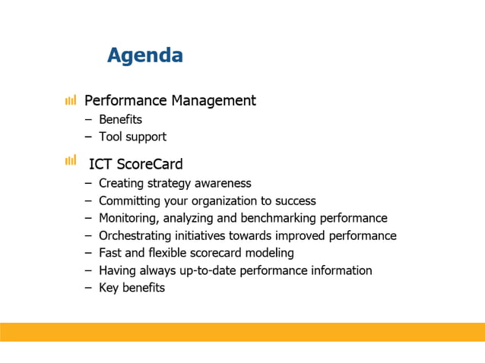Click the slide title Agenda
click(x=144, y=55)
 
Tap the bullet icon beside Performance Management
click(x=71, y=100)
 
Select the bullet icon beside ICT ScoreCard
click(x=71, y=159)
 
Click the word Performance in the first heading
click(x=125, y=100)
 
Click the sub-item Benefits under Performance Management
click(x=120, y=119)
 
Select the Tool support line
click(x=132, y=137)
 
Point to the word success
click(x=294, y=200)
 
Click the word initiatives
click(x=199, y=235)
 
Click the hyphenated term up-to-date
click(x=204, y=270)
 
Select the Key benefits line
click(x=132, y=288)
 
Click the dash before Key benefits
click(x=88, y=288)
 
